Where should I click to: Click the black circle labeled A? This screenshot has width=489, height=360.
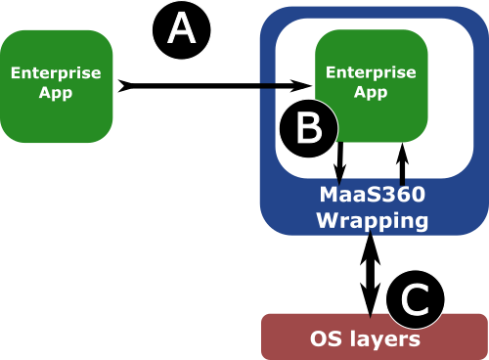182,30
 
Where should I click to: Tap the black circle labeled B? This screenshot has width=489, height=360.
309,127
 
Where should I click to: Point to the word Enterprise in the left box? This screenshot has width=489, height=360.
56,73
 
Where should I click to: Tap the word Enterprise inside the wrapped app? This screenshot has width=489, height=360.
370,73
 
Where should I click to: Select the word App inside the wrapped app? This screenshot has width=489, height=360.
370,92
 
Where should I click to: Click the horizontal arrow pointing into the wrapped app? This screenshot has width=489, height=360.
284,88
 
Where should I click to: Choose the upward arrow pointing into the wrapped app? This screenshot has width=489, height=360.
400,161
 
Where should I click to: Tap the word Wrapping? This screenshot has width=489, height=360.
372,220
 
